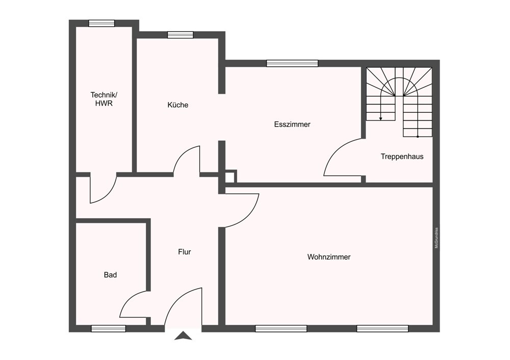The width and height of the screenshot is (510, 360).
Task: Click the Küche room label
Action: tap(177, 105)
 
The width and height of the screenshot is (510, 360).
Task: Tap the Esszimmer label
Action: tap(292, 124)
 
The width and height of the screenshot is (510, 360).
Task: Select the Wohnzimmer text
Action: tap(329, 257)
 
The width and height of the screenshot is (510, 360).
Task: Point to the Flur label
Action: tap(185, 252)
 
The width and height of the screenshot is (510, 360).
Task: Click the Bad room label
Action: tap(110, 275)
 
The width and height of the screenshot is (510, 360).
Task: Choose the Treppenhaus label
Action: tap(402, 157)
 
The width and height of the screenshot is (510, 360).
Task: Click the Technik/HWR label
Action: tap(104, 99)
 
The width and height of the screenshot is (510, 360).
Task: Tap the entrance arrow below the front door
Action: tap(183, 336)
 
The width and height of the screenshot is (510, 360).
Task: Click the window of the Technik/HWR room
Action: tap(102, 23)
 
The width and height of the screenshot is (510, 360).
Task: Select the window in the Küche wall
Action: tap(181, 35)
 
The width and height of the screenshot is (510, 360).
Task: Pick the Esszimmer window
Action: tap(292, 63)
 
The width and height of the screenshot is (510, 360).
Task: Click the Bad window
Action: tap(108, 328)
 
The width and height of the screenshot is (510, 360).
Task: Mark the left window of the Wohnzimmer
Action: tap(281, 328)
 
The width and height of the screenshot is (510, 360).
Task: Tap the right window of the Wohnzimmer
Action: tap(382, 328)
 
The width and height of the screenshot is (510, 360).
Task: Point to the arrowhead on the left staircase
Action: tap(380, 119)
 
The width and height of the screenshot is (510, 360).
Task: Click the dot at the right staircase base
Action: tap(418, 137)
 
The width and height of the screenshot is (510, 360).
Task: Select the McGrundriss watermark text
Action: tap(437, 238)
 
